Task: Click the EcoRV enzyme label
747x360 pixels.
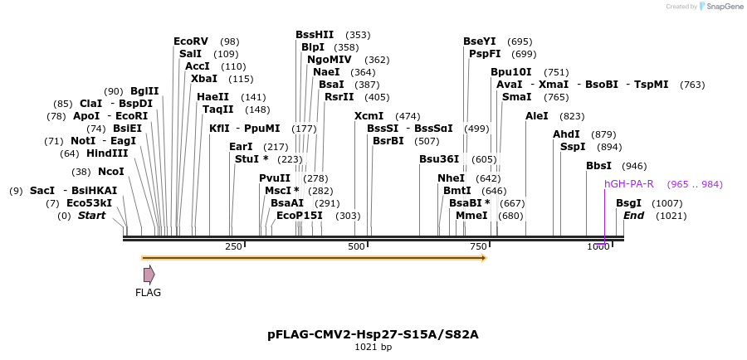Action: (191, 41)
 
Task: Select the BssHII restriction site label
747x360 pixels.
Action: (315, 35)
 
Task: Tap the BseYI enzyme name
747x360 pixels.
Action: (480, 41)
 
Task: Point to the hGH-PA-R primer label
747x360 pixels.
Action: (629, 183)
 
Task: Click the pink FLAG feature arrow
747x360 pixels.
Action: (149, 275)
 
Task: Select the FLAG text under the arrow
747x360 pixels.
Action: (148, 292)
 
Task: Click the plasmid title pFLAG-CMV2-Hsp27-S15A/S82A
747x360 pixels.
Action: (373, 334)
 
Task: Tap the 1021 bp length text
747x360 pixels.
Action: (373, 347)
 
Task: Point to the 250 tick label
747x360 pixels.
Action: (233, 246)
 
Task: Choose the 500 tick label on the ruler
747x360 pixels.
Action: (356, 246)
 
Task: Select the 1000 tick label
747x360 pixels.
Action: (598, 246)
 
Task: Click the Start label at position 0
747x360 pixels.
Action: (91, 216)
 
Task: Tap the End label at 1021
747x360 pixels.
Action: (634, 216)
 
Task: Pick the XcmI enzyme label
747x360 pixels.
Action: (369, 116)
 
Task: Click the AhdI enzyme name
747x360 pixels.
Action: (567, 134)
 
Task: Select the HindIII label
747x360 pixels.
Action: (107, 153)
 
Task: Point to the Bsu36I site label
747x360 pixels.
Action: (439, 159)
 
